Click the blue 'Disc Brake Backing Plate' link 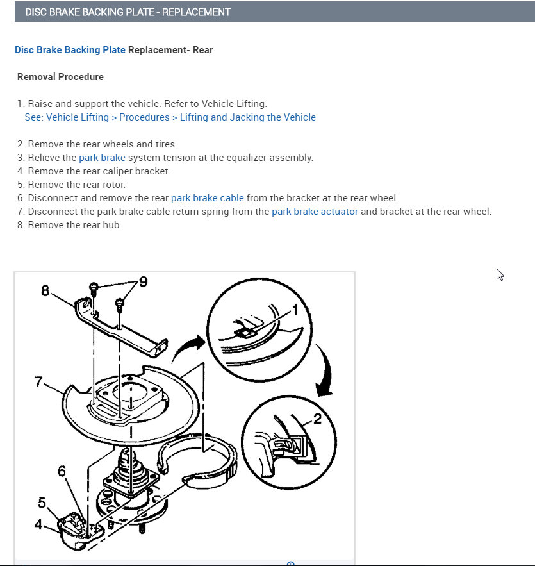(70, 50)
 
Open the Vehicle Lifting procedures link (170, 117)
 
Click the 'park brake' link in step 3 (102, 158)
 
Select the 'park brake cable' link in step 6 (207, 198)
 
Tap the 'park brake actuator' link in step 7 (315, 212)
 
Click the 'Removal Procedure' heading (60, 77)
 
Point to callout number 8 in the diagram (45, 290)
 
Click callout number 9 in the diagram (143, 281)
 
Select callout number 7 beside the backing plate (39, 383)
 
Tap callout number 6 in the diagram (62, 472)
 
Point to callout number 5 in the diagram (42, 502)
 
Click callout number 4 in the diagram (38, 524)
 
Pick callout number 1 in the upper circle (295, 310)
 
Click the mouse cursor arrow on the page (500, 274)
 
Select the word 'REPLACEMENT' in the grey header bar (196, 12)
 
